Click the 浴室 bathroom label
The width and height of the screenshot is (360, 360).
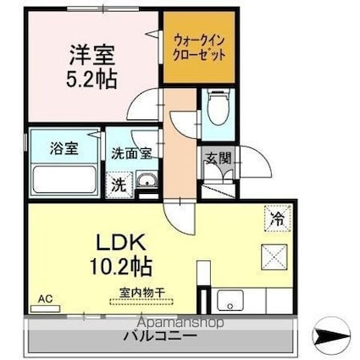pyautogui.click(x=52, y=148)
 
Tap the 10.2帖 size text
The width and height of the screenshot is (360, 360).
pyautogui.click(x=121, y=267)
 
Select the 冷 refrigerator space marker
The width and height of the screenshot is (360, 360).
pyautogui.click(x=277, y=217)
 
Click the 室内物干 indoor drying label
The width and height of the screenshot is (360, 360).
pyautogui.click(x=141, y=293)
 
